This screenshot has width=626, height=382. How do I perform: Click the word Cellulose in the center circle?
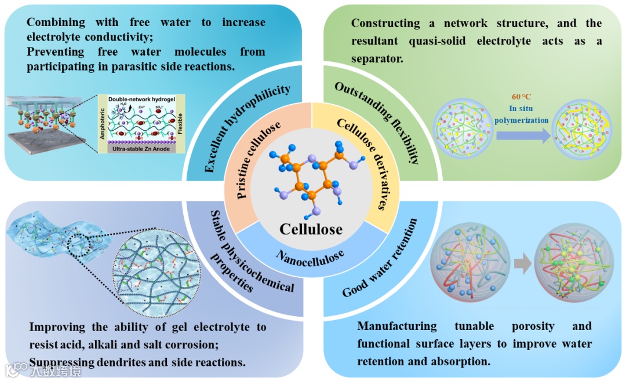click(x=311, y=229)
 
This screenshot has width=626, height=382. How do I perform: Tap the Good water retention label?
click(x=380, y=258)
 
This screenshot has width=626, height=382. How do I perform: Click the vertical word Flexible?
click(x=181, y=123)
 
